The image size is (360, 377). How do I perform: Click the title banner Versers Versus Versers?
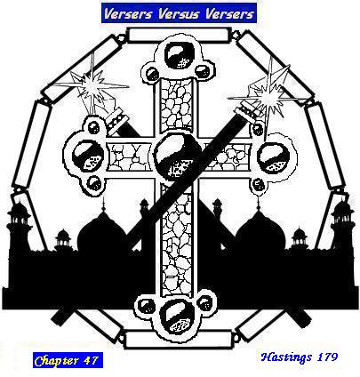pyautogui.click(x=179, y=13)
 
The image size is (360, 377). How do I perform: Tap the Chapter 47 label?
pyautogui.click(x=68, y=360)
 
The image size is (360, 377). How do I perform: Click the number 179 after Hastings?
pyautogui.click(x=327, y=357)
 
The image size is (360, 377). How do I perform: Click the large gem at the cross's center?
pyautogui.click(x=175, y=154)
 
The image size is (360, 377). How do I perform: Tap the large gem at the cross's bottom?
pyautogui.click(x=177, y=315)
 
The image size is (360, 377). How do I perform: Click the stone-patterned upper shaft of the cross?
pyautogui.click(x=177, y=104)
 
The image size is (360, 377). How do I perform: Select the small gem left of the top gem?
pyautogui.click(x=152, y=73)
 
